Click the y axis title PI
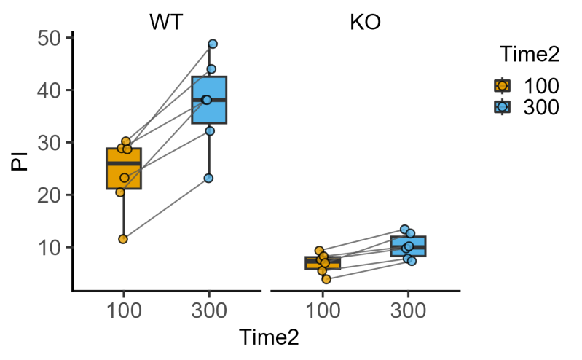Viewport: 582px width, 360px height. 20,159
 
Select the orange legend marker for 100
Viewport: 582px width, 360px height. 502,86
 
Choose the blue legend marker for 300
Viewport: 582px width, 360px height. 502,107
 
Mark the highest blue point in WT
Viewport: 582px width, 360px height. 213,44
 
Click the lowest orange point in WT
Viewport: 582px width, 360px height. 123,239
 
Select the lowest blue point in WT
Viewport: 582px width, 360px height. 208,178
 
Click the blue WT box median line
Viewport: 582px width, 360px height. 209,99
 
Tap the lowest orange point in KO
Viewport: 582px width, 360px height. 326,279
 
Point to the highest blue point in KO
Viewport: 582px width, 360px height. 405,230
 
